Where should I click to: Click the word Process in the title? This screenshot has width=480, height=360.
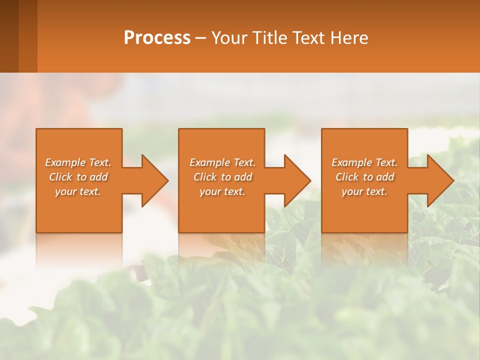coord(157,38)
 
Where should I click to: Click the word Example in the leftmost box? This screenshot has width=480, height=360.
coord(65,162)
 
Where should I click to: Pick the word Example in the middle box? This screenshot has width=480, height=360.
coord(210,162)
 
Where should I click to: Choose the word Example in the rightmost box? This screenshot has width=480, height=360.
coord(352,162)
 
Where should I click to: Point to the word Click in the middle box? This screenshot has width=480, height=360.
coord(205,177)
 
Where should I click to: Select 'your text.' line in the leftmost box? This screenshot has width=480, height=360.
coord(78,191)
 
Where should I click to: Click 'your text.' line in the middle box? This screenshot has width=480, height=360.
coord(222,191)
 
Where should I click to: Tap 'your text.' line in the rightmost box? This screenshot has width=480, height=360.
coord(364,191)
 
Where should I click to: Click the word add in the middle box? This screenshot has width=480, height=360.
coord(243,177)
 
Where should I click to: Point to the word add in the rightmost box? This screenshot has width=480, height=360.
coord(385,177)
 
